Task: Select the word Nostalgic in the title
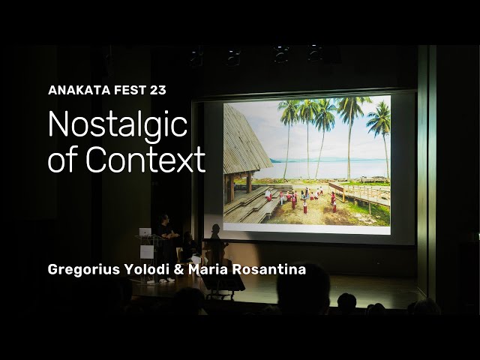click(x=117, y=124)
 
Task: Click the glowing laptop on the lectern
click(x=145, y=232)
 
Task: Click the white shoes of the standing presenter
click(x=168, y=280)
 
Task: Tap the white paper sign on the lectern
click(x=147, y=251)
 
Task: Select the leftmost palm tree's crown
click(x=288, y=112)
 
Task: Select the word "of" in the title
click(x=64, y=159)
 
